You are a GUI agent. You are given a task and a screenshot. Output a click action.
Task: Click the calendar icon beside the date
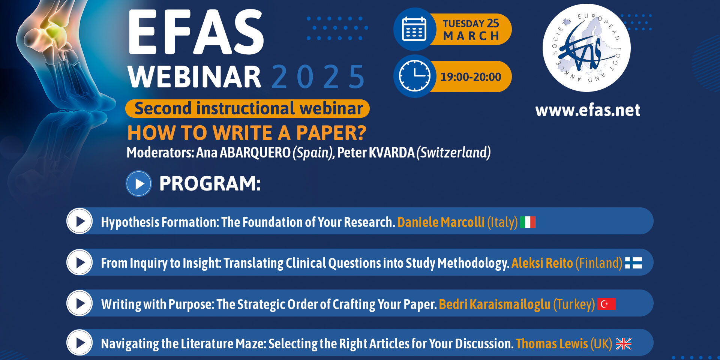coord(414,29)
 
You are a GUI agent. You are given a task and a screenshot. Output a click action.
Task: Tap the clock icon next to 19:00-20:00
coord(414,76)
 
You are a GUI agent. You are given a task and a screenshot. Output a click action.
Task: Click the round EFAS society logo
coord(586,48)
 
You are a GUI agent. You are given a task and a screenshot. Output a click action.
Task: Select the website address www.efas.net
coord(588,110)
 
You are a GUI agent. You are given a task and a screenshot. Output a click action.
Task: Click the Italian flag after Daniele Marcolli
coord(527,222)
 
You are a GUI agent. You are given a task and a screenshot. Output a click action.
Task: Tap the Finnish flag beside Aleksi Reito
coord(633,263)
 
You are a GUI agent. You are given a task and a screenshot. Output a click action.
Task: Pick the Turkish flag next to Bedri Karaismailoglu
coord(606,304)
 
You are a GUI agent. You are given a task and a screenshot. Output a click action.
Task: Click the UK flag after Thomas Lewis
coord(624,344)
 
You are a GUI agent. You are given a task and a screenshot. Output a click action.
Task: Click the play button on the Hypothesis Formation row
coord(79,221)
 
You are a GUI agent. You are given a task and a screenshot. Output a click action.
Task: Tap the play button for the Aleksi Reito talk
coord(79,262)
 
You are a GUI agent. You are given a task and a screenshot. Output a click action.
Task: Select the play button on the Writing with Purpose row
coord(79,303)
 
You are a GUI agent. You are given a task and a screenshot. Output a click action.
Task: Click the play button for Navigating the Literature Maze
coord(79,342)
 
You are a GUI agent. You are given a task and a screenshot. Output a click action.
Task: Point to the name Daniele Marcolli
coord(441,222)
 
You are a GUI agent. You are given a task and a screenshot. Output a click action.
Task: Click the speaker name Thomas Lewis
coord(552,344)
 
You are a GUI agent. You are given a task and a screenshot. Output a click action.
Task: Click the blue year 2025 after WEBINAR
coord(318,77)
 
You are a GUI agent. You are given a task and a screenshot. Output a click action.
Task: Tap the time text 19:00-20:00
coord(471,77)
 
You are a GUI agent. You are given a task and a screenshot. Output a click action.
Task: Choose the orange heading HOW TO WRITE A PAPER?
coord(247,133)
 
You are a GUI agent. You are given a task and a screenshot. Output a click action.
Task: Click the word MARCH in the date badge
coord(471,36)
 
